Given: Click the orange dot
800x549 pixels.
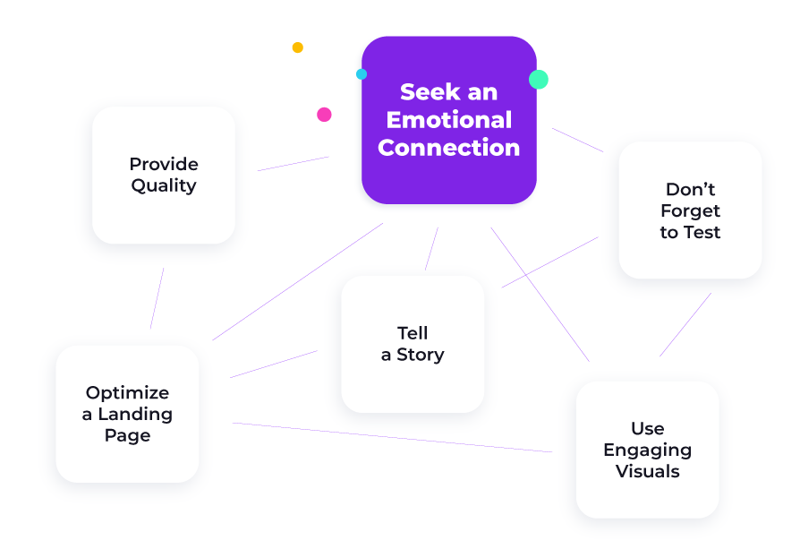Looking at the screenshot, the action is coord(297,47).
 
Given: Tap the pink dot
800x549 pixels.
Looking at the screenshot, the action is coord(324,115).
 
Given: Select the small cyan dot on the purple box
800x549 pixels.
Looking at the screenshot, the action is coord(362,74).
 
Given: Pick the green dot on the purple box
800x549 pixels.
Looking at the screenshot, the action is coord(539,80).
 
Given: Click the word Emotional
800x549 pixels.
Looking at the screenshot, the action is coord(449,120).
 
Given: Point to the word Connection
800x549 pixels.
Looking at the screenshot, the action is coord(449,148).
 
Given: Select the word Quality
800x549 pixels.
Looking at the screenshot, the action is coord(164,185).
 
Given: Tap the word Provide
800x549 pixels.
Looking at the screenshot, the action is coord(164,164).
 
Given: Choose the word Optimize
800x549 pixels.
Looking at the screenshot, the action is coord(128,393).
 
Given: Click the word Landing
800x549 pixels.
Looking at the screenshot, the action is coord(135,414).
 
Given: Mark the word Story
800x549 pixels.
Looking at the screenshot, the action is coord(421,355).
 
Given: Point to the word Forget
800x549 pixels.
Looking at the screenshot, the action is coord(690,211).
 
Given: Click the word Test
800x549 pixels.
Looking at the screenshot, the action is coord(702,232).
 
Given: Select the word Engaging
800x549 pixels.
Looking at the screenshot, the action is coord(648,450).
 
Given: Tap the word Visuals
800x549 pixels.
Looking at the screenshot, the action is coord(648,471).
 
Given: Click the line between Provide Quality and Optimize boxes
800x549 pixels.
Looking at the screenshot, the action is coord(157,298).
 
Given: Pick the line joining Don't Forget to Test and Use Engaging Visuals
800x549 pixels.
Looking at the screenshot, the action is coord(685,324).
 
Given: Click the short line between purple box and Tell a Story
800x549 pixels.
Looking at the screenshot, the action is coord(431,249).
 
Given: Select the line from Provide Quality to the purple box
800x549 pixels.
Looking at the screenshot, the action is coord(293,163).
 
